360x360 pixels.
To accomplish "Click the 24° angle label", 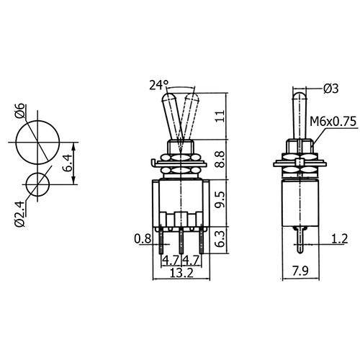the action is (x=159, y=85).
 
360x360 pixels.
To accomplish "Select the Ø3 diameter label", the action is (x=330, y=89).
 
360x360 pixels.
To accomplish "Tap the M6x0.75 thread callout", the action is (x=333, y=122).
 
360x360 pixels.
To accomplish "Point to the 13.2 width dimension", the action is (x=181, y=273).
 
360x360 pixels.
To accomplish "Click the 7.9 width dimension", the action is (x=300, y=271).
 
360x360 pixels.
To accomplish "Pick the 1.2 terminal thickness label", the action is (x=339, y=239).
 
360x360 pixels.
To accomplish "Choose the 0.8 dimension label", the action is (x=143, y=239).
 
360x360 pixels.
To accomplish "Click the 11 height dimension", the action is (x=220, y=116).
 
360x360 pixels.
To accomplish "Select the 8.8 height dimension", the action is (x=220, y=159).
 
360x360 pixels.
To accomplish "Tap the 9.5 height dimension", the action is (x=220, y=199).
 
